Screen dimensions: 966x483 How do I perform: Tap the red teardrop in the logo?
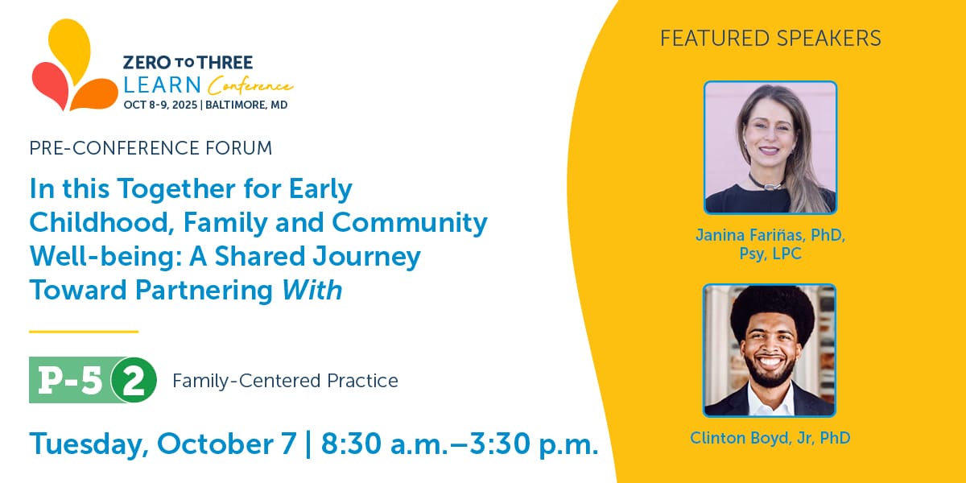(50, 84)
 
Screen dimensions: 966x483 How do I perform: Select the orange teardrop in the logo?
(96, 94)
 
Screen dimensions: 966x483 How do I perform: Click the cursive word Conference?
(250, 85)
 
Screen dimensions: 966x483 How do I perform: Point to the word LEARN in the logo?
(163, 85)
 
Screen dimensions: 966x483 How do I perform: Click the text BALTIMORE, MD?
(246, 105)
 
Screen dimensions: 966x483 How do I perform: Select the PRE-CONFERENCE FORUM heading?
(151, 148)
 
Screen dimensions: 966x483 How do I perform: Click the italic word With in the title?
(312, 290)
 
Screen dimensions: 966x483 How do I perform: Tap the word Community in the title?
(410, 223)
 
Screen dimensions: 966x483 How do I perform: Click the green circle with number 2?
(134, 380)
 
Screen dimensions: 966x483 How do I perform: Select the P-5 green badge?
(70, 380)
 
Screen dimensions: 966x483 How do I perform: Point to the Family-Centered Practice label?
(285, 381)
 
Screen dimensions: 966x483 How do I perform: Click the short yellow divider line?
(84, 332)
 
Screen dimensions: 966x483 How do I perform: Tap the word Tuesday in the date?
(89, 444)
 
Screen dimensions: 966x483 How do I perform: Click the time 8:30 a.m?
(385, 444)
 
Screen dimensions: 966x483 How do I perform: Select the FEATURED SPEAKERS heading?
(770, 38)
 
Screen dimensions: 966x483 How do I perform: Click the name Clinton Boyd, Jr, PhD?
(770, 438)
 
